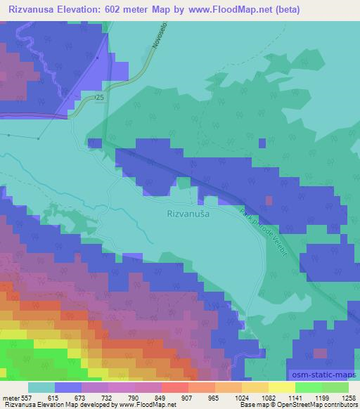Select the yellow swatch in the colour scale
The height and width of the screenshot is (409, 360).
click(x=281, y=387)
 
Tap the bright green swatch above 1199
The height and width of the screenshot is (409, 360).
click(x=309, y=387)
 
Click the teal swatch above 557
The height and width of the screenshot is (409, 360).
click(x=41, y=387)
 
